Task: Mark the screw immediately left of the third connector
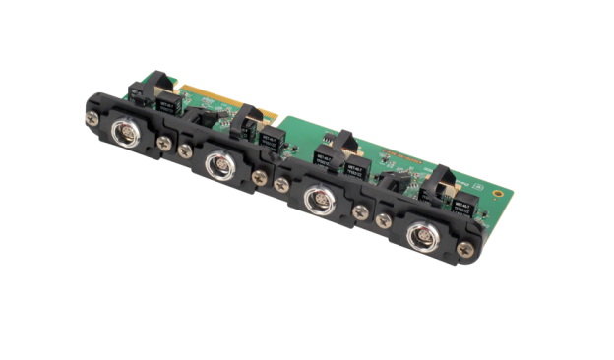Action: coord(282,190)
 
